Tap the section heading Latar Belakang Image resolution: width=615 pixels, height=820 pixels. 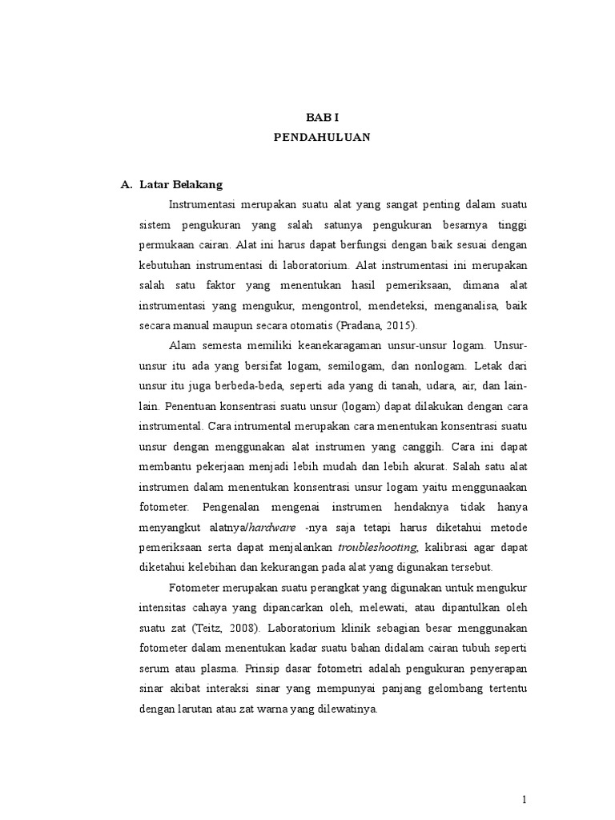click(180, 184)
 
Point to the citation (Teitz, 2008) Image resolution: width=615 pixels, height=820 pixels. click(251, 627)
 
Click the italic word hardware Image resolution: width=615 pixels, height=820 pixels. click(272, 527)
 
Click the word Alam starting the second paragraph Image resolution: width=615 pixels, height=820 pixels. click(183, 345)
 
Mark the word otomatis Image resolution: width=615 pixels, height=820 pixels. click(285, 325)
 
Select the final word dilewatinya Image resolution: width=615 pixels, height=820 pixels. click(341, 708)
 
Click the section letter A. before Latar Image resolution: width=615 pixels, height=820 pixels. click(126, 184)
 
